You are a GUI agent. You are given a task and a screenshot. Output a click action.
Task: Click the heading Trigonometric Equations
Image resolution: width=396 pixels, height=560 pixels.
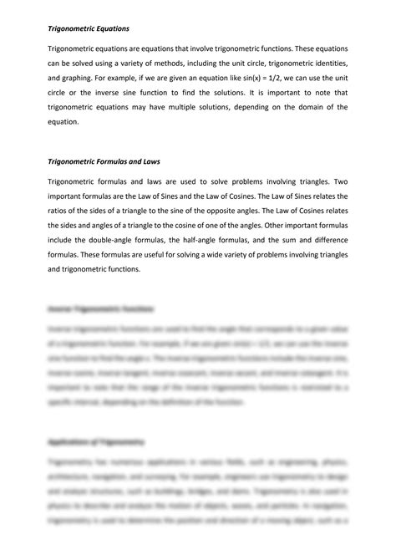coord(88,28)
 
